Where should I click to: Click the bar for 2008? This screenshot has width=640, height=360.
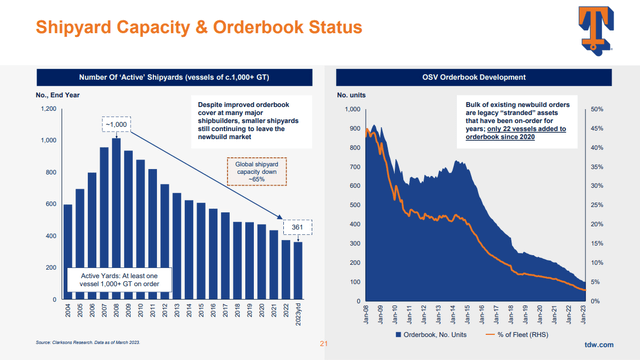(x=116, y=220)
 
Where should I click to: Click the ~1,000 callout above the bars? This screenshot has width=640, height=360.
(x=116, y=124)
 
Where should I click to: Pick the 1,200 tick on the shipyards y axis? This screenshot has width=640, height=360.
(x=47, y=108)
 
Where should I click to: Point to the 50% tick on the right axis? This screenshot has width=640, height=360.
(x=597, y=108)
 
